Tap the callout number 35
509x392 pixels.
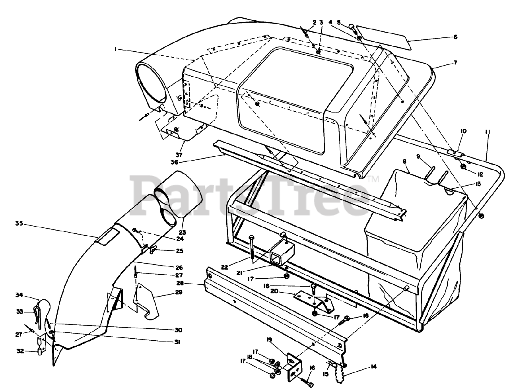tap(19, 223)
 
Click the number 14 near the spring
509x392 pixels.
tap(373, 367)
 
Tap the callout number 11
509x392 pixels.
tap(488, 131)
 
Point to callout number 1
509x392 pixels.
tap(115, 49)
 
